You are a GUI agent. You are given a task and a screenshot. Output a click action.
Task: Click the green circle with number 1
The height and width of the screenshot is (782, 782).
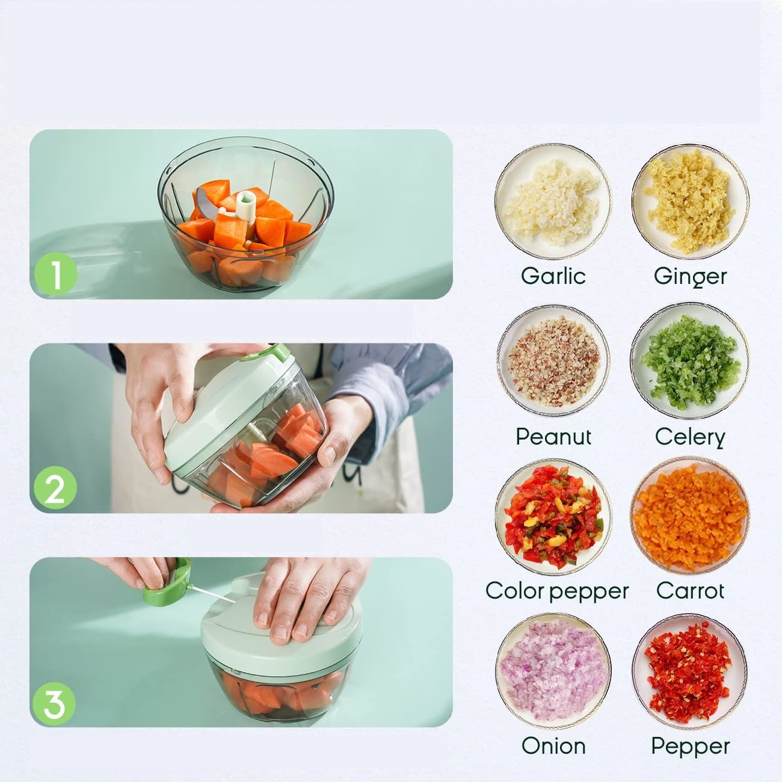[56, 273]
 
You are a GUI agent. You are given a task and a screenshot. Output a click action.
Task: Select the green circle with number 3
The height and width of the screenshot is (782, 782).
[54, 704]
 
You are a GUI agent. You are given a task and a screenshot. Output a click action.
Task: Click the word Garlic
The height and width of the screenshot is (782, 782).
[553, 276]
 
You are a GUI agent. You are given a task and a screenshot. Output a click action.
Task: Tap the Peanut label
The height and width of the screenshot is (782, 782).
[553, 437]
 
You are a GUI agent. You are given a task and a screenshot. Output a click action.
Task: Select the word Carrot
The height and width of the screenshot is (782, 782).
[691, 591]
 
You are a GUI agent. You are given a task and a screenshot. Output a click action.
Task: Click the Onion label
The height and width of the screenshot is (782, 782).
[553, 746]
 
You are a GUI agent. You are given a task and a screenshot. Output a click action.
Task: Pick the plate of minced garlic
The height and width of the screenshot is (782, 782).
[553, 202]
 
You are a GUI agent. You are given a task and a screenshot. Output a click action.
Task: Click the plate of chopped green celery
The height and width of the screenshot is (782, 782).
[690, 361]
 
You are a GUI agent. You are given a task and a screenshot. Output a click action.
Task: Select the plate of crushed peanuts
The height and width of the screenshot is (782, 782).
[553, 361]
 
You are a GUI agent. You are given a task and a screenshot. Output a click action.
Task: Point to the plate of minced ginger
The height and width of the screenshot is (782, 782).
[690, 202]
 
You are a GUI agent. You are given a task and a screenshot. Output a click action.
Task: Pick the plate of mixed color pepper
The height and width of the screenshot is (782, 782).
[553, 516]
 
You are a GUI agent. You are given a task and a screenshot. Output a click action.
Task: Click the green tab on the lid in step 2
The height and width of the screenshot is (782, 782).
[277, 353]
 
